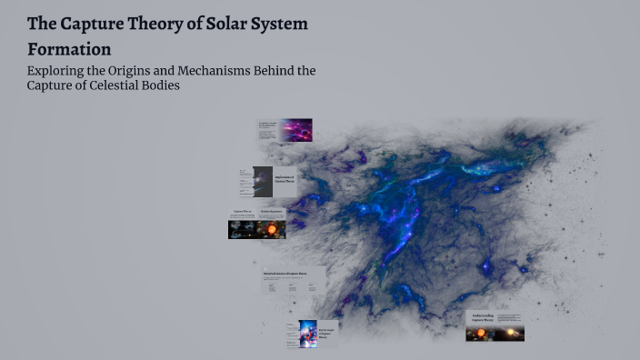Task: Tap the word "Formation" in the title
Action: [x=69, y=49]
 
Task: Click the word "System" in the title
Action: [x=284, y=25]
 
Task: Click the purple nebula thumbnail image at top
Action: [x=295, y=130]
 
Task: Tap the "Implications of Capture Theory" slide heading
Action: [x=285, y=180]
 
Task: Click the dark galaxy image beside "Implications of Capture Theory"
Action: [x=263, y=182]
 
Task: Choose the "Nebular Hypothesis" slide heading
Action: [x=272, y=212]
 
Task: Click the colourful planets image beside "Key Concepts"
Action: [x=307, y=335]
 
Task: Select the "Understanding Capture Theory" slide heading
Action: [x=482, y=318]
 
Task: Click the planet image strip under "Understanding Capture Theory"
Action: [x=495, y=334]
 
